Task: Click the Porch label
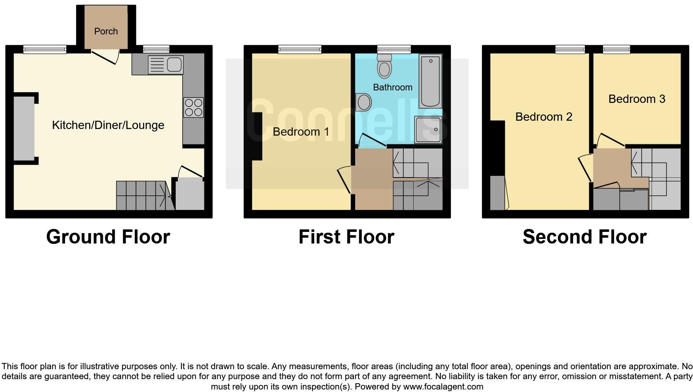point(106,32)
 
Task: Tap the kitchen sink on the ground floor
point(166,65)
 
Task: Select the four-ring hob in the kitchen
point(194,107)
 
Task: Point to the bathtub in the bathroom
point(431,81)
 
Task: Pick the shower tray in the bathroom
point(428,129)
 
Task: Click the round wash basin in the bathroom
point(364,102)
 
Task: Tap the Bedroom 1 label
point(301,132)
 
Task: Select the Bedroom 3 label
point(637,99)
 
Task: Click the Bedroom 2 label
point(543,117)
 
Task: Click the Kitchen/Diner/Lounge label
point(108,125)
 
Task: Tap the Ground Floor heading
point(108,237)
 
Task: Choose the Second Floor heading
point(584,237)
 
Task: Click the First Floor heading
point(346,237)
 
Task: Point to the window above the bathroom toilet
point(393,49)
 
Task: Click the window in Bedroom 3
point(616,49)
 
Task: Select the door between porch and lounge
point(105,57)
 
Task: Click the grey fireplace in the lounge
point(24,128)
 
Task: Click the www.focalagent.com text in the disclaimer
point(443,387)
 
